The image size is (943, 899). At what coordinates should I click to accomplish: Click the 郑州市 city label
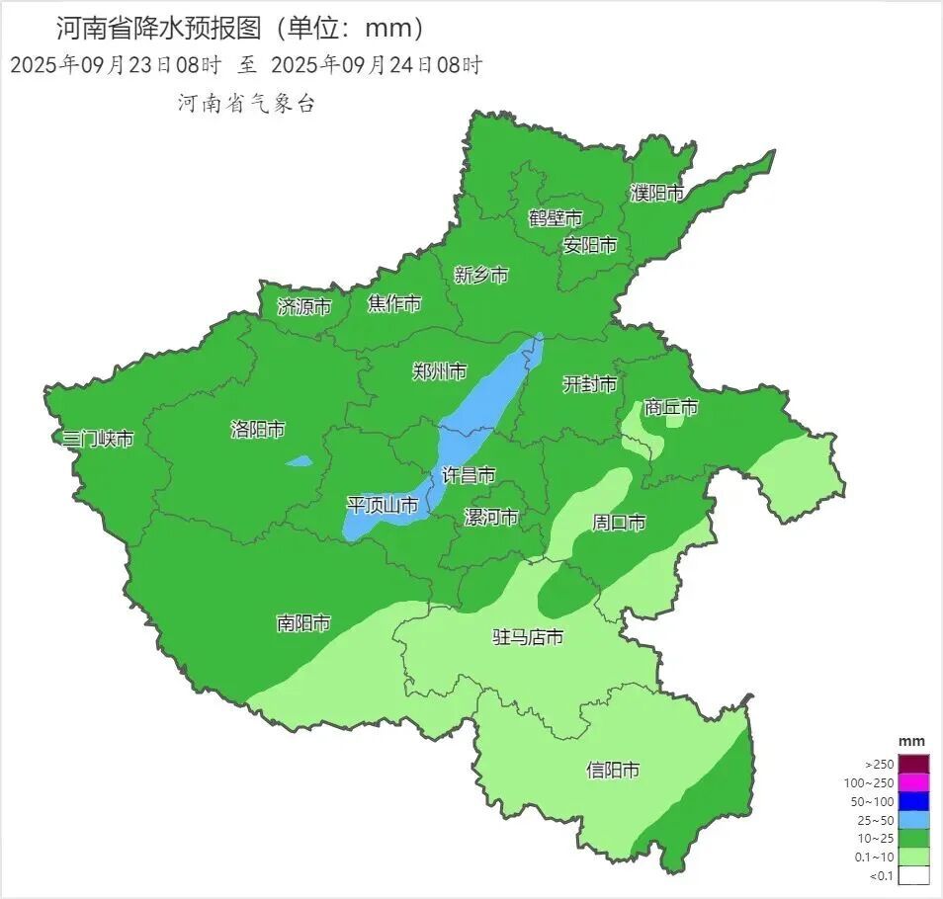pos(439,371)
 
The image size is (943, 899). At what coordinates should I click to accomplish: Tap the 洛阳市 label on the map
pos(257,429)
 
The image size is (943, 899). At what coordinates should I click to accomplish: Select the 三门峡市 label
pos(97,439)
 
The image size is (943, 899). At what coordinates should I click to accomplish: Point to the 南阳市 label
pos(302,623)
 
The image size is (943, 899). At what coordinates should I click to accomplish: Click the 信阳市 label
pos(612,770)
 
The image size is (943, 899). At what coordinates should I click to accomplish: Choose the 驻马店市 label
pos(528,637)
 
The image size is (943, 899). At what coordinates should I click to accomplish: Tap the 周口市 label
pos(619,522)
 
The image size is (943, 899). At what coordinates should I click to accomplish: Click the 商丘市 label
pos(670,407)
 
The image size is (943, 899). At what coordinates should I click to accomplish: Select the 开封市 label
pos(589,383)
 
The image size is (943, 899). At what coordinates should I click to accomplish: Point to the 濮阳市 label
pos(657,193)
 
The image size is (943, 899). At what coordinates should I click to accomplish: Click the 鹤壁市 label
pos(555,217)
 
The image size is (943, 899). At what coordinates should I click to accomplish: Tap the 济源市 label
pos(303,306)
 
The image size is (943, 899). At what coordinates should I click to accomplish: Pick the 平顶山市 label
pos(382,505)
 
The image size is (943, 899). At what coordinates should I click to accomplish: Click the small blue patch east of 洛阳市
pos(299,460)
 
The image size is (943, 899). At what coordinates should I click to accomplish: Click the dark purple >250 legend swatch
pos(914,764)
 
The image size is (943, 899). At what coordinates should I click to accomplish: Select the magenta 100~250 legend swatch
pos(914,782)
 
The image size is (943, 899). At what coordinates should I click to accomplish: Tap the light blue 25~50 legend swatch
pos(914,819)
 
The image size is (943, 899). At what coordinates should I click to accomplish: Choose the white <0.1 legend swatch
pos(914,874)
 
